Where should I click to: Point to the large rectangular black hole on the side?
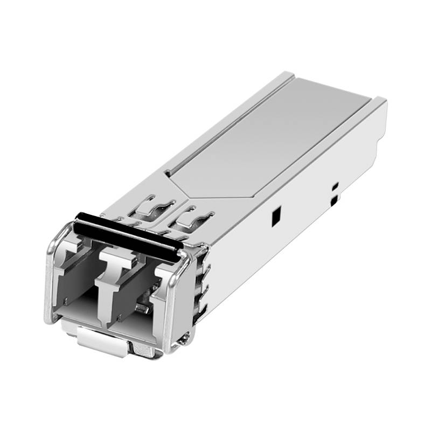(275, 216)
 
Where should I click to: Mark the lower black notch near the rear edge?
(335, 201)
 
